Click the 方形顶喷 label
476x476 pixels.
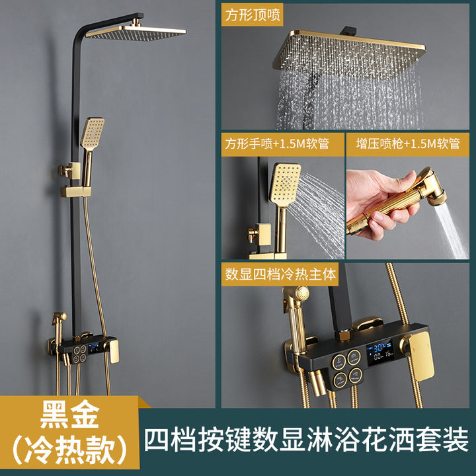253,15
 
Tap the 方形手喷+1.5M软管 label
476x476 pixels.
277,143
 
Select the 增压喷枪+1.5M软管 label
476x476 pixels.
408,143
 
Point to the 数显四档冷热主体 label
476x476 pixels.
280,274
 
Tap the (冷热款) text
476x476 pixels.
69,450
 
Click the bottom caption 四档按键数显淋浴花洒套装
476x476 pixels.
306,440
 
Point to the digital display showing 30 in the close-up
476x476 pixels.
379,352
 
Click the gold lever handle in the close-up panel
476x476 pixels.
420,355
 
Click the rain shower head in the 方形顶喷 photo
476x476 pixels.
349,53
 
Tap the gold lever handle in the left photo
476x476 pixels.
113,351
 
